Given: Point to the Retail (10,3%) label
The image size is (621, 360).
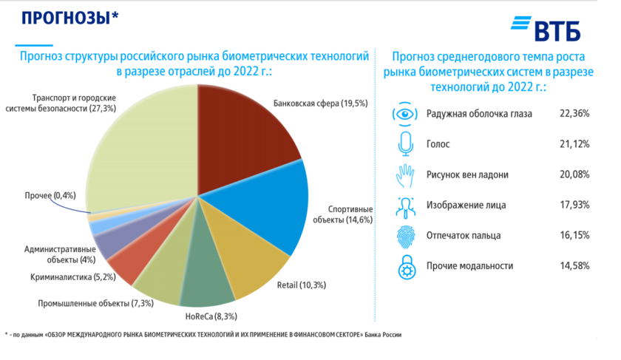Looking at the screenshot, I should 301,285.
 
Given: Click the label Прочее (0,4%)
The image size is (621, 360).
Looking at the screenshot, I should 50,196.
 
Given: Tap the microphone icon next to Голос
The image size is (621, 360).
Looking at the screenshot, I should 404,144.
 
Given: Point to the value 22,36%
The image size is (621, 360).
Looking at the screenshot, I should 574,114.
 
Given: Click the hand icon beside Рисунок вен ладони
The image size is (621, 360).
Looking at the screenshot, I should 404,174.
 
